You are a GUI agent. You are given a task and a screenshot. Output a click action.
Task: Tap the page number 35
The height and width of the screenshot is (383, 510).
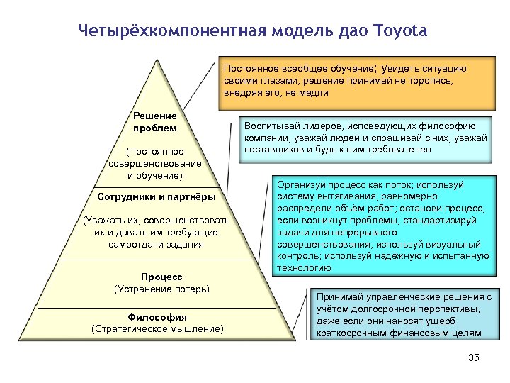click(474, 357)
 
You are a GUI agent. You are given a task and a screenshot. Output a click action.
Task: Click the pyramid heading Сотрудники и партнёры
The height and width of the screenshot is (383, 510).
click(155, 196)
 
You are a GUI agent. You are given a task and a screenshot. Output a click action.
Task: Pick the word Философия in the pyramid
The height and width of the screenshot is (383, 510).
click(157, 316)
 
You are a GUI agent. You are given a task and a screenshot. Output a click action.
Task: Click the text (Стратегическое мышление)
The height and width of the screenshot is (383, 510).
click(157, 328)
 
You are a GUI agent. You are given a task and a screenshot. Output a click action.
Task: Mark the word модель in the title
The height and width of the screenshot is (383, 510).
click(292, 31)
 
